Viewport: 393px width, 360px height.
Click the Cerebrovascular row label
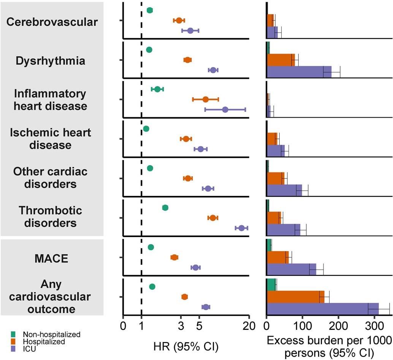coord(52,22)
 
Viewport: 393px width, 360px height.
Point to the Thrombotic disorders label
coord(51,216)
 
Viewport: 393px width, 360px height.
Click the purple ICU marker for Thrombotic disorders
coord(241,228)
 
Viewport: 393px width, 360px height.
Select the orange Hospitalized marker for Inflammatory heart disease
coord(206,99)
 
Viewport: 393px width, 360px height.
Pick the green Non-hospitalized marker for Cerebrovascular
coord(150,10)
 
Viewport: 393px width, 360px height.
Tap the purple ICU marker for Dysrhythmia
coord(213,70)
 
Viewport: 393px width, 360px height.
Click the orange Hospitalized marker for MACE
coord(174,257)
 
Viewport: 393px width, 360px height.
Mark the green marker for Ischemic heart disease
coord(146,129)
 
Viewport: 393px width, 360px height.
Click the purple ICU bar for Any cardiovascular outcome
coord(323,309)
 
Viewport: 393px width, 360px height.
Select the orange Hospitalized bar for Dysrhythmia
coord(281,60)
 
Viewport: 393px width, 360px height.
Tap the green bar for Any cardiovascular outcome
coord(271,284)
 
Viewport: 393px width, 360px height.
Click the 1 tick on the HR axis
coord(141,327)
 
